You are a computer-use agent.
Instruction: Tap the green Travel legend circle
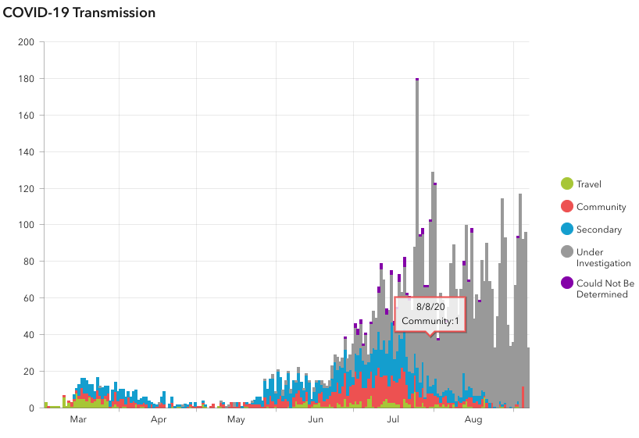[x=566, y=184]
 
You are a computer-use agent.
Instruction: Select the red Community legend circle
[x=566, y=207]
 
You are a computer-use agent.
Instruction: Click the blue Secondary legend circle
[x=566, y=230]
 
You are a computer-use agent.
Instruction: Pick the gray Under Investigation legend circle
[x=566, y=252]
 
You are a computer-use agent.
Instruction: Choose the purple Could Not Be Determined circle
[x=566, y=283]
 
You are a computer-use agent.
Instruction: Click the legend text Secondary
[x=599, y=230]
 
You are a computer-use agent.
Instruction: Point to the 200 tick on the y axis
[x=26, y=42]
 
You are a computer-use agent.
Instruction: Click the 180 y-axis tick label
[x=26, y=79]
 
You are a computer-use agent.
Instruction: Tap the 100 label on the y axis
[x=26, y=225]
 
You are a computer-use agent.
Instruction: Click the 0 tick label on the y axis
[x=31, y=408]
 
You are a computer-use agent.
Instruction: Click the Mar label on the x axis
[x=78, y=420]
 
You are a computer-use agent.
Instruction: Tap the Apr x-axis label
[x=159, y=420]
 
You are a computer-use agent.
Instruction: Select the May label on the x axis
[x=236, y=420]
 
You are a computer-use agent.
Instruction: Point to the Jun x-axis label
[x=316, y=420]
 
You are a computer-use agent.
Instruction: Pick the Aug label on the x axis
[x=473, y=420]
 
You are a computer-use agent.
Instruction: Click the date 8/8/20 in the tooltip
[x=430, y=307]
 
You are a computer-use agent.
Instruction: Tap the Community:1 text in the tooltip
[x=430, y=321]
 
